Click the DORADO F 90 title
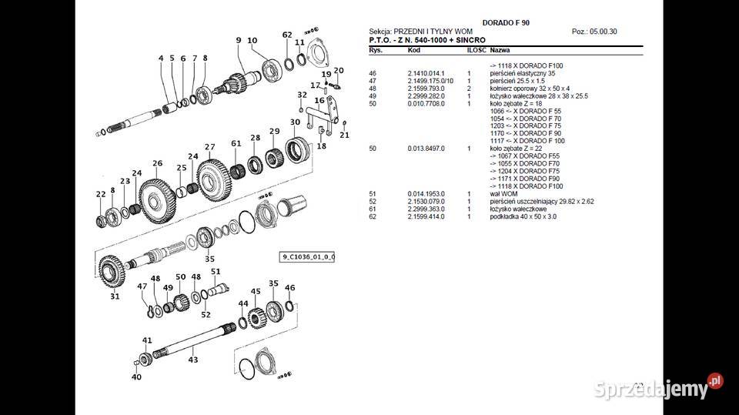tap(505, 22)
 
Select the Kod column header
tap(413, 49)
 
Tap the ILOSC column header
tap(476, 49)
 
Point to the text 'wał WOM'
tap(504, 193)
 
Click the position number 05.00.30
tap(611, 32)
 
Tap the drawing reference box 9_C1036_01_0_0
tap(307, 256)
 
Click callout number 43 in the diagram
tap(193, 360)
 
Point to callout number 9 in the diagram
tap(239, 40)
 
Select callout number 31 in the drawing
tap(115, 296)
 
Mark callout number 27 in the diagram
tap(209, 147)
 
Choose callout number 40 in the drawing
tap(136, 377)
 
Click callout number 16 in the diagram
tap(319, 101)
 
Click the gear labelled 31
tap(113, 273)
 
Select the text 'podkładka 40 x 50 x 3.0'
tap(523, 216)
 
